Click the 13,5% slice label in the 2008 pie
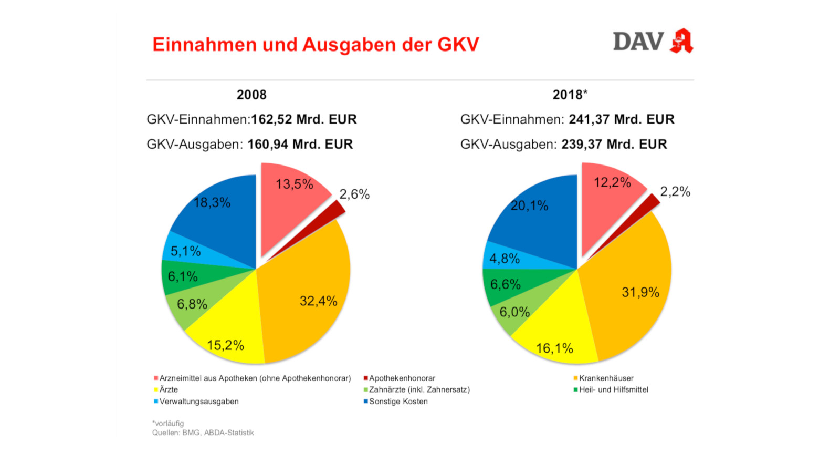point(294,184)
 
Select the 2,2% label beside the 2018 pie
point(675,192)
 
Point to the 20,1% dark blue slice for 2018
point(541,221)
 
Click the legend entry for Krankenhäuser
point(606,378)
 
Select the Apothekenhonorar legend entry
point(402,378)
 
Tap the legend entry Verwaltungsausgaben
point(198,402)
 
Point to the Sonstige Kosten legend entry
point(398,402)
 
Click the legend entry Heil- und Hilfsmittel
point(613,390)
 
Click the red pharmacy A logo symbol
point(681,41)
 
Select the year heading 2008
point(251,95)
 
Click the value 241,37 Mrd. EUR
point(622,120)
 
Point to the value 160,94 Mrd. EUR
point(300,145)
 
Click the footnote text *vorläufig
point(168,424)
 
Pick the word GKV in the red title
point(458,45)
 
